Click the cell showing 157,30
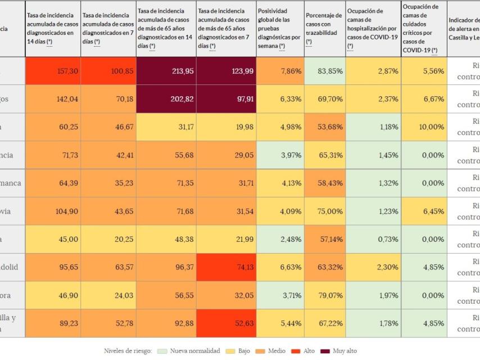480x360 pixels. coord(53,71)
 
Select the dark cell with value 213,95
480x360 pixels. coord(166,71)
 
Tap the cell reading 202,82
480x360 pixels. coord(166,99)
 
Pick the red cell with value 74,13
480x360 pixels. coord(227,267)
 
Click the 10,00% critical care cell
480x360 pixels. coord(424,127)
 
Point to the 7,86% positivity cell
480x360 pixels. coord(280,71)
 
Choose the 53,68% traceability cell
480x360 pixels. coord(325,127)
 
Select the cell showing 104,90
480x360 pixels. coord(53,211)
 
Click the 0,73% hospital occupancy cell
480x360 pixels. coord(373,239)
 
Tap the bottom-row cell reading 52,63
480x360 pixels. coord(227,323)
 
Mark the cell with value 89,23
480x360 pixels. coord(53,323)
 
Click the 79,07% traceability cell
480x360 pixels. coord(325,295)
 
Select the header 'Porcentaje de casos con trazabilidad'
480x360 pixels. coord(324,28)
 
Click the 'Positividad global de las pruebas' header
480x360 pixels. coord(279,28)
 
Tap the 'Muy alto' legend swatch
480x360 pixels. coord(324,351)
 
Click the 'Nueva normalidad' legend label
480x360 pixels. coord(194,351)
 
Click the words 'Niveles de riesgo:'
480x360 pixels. coord(128,351)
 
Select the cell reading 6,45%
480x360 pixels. coord(424,211)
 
